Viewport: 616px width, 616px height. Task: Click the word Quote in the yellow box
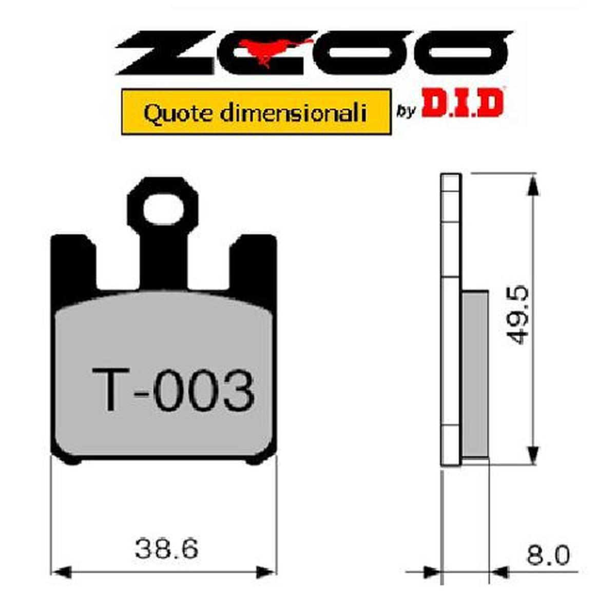[x=170, y=112]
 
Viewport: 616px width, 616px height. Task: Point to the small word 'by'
[x=406, y=110]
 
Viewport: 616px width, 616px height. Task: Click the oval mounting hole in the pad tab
[x=163, y=210]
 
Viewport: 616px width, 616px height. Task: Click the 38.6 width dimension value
[x=166, y=549]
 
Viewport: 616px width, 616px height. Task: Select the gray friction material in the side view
[x=475, y=375]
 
